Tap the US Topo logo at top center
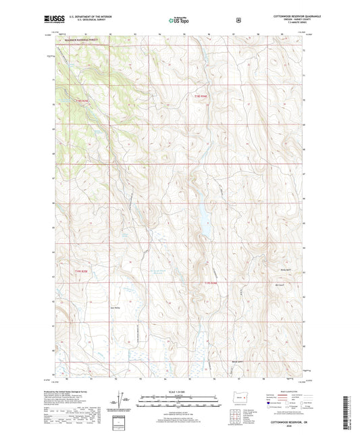pyautogui.click(x=179, y=20)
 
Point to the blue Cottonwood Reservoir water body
pyautogui.click(x=202, y=219)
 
